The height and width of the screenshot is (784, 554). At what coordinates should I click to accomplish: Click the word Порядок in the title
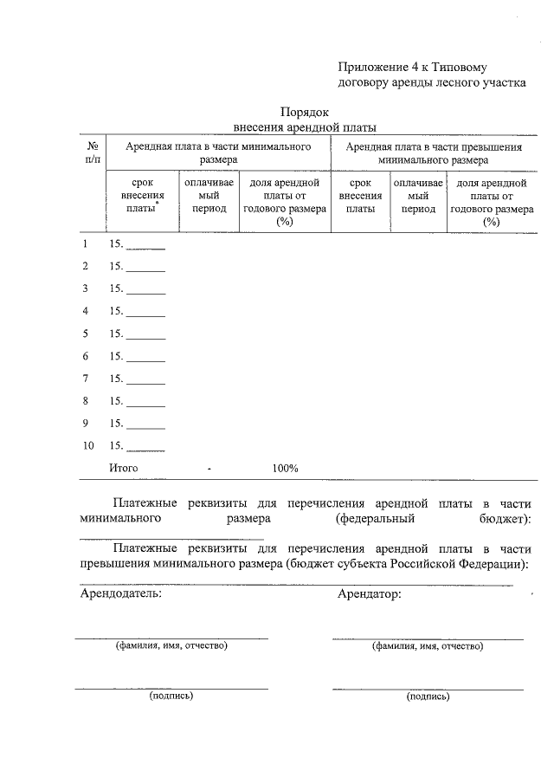[x=304, y=112]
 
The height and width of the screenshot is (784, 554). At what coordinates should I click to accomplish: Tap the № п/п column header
[x=92, y=153]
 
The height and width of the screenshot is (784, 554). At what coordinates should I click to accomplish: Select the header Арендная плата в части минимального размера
[x=218, y=153]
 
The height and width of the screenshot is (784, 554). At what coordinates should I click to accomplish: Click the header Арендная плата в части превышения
[x=434, y=153]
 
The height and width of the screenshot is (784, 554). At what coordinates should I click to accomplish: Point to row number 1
[x=85, y=243]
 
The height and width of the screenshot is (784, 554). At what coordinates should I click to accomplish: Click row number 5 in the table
[x=85, y=334]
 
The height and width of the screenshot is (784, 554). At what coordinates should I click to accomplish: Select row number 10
[x=87, y=446]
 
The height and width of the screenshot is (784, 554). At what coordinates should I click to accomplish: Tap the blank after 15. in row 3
[x=145, y=290]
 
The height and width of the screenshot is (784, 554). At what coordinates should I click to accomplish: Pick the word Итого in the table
[x=124, y=469]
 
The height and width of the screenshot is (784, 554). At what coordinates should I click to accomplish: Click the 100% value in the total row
[x=285, y=469]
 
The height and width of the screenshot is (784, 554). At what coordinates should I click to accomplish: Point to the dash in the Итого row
[x=209, y=469]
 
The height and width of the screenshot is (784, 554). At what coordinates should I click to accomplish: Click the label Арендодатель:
[x=120, y=594]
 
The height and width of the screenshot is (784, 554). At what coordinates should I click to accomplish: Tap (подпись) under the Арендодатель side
[x=171, y=695]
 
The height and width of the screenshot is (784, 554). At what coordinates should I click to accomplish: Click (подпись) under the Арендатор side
[x=428, y=695]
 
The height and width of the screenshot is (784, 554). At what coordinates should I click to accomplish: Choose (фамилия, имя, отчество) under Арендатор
[x=428, y=645]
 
